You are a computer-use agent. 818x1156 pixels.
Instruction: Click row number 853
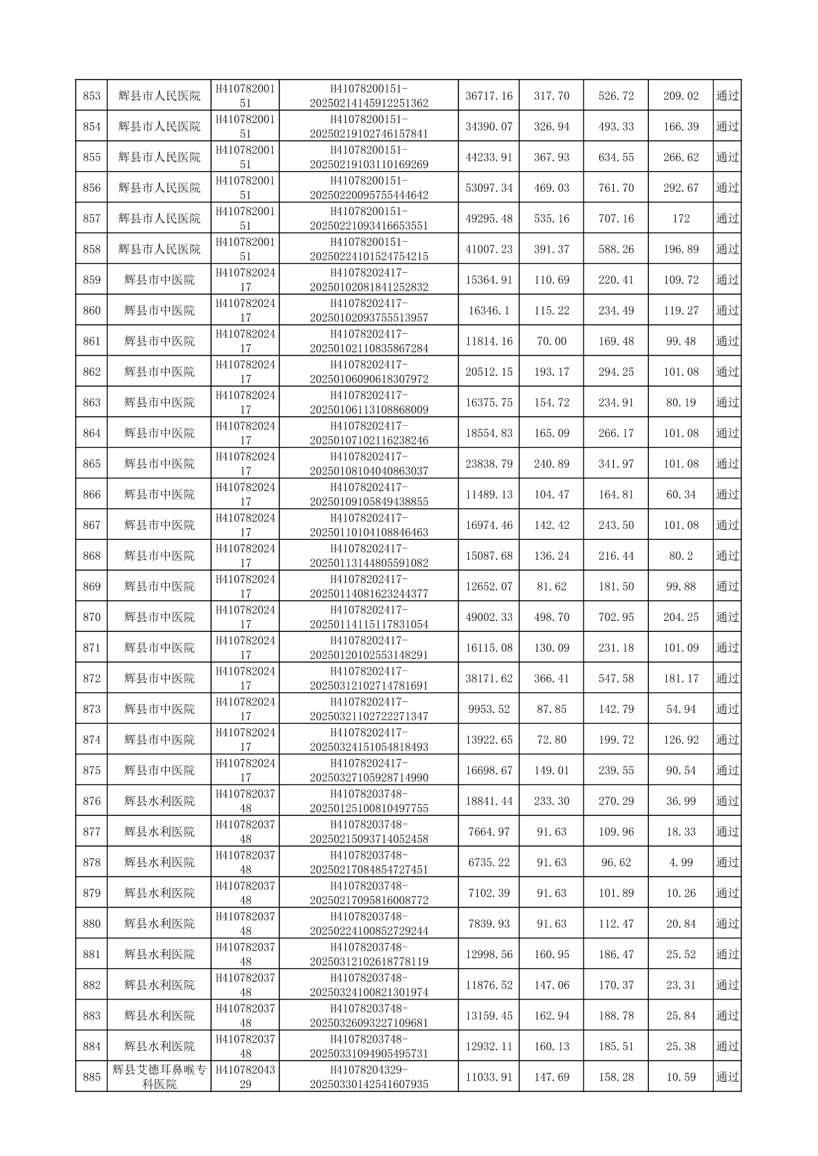[91, 96]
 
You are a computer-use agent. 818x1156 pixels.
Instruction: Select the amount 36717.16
[489, 96]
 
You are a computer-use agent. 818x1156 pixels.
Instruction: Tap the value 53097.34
[489, 188]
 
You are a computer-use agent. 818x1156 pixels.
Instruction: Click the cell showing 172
[681, 219]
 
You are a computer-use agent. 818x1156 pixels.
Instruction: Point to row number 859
[91, 280]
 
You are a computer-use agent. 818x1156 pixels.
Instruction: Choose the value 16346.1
[489, 311]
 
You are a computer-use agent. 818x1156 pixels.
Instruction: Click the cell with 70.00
[551, 341]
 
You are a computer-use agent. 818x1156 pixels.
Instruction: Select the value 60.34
[681, 495]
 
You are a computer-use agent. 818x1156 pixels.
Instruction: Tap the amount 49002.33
[489, 617]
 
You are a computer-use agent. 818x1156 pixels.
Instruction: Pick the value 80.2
[681, 556]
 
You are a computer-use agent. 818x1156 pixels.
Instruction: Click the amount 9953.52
[489, 710]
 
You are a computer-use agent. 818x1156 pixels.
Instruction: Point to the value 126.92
[681, 740]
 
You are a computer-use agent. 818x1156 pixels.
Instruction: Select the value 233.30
[551, 802]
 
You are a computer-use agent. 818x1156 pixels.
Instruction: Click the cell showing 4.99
[681, 863]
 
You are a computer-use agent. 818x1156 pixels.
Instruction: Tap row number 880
[91, 924]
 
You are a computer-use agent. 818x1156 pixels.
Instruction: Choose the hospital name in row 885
[159, 1077]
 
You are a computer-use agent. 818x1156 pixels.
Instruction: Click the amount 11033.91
[489, 1078]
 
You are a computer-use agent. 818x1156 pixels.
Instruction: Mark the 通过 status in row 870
[727, 617]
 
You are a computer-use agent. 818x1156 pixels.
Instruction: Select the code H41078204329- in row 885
[369, 1070]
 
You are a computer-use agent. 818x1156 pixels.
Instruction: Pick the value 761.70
[616, 188]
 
